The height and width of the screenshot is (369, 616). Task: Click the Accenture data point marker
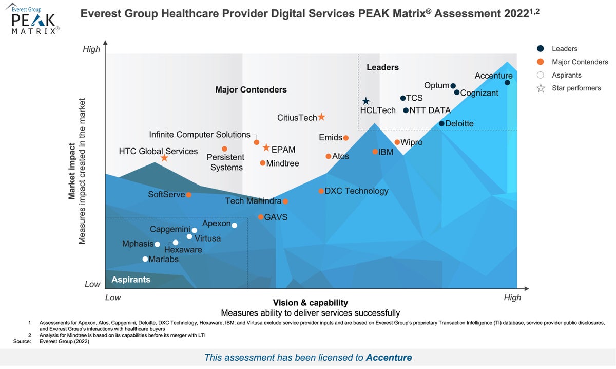coord(507,82)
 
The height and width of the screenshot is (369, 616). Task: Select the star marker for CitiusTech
coord(321,117)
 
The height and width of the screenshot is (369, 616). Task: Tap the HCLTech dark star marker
coord(365,102)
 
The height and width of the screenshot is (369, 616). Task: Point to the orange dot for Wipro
coord(397,142)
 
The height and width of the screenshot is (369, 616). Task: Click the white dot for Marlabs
coord(145,259)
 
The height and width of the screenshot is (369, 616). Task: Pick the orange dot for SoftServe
coord(189,195)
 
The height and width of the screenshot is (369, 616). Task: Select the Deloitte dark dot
coord(441,123)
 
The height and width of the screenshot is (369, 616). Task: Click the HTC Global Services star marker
coord(164,158)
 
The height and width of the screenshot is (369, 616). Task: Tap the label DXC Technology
coord(356,191)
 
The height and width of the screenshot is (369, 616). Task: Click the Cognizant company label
coord(479,93)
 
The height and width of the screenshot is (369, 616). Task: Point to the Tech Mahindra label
coord(253,201)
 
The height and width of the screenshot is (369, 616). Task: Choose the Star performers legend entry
coord(576,88)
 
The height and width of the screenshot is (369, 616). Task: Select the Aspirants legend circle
coord(541,75)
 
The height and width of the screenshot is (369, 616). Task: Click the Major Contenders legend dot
coord(541,62)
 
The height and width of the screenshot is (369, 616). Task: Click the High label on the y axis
coord(91,49)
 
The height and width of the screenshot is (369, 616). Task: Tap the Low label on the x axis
coord(113,297)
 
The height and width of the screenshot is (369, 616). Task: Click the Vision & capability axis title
coord(310,303)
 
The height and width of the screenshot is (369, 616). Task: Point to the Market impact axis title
coord(73,171)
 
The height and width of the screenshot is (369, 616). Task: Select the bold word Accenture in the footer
coord(389,357)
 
